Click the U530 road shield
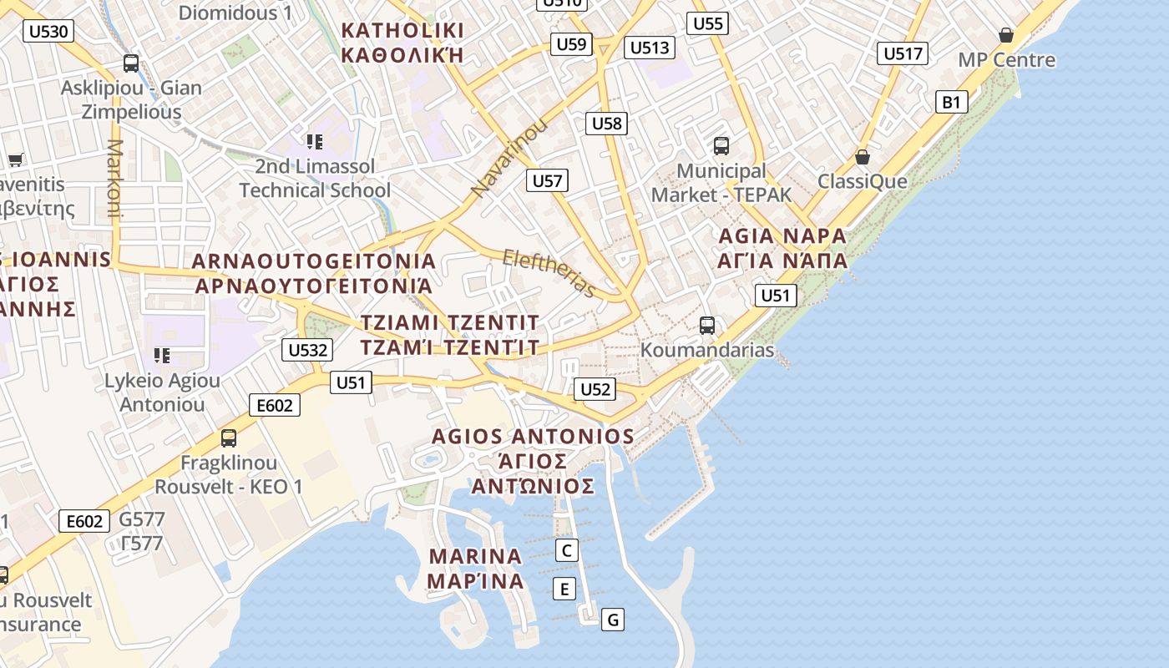tap(49, 32)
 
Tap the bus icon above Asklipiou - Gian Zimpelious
tap(131, 63)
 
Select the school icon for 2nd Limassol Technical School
tap(314, 142)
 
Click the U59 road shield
tap(571, 44)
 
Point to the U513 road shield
tap(650, 48)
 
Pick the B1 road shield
tap(951, 103)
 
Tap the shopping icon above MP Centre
tap(1006, 35)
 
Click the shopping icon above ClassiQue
tap(863, 157)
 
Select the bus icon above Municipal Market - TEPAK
tap(721, 146)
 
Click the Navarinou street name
tap(509, 158)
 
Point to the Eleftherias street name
tap(549, 272)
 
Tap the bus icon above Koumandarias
tap(707, 325)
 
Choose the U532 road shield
tap(307, 350)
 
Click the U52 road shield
tap(595, 389)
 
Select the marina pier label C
tap(567, 550)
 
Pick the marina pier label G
tap(613, 620)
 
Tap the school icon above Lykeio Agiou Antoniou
tap(162, 356)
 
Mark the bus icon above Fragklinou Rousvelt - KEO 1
tap(228, 438)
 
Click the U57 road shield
tap(548, 180)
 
